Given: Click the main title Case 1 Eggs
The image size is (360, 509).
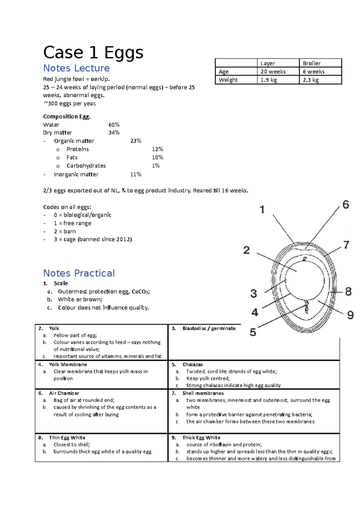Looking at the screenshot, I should [93, 53].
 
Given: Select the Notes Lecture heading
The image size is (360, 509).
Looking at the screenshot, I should [76, 68].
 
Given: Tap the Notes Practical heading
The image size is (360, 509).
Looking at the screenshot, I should [79, 273].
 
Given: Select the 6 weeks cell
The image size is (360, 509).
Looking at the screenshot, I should [313, 72].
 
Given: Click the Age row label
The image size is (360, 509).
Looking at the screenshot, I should [223, 72].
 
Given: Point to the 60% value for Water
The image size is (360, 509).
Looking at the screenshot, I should [114, 125].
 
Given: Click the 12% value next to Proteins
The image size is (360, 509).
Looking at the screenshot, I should [157, 149].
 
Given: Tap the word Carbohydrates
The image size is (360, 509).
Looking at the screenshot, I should [86, 166].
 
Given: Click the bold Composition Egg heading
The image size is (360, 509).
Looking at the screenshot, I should [67, 117].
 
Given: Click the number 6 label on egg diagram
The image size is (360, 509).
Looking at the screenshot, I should [346, 205].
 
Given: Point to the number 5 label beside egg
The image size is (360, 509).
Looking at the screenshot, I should [253, 332].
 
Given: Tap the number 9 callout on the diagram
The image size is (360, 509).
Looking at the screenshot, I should [350, 315].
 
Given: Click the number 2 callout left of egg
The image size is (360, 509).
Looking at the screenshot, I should [246, 250].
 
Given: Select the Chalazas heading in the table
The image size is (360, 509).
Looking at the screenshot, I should [192, 365].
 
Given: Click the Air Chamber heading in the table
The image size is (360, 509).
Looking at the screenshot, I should [64, 393].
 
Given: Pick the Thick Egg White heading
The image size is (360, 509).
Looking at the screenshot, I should [201, 438].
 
